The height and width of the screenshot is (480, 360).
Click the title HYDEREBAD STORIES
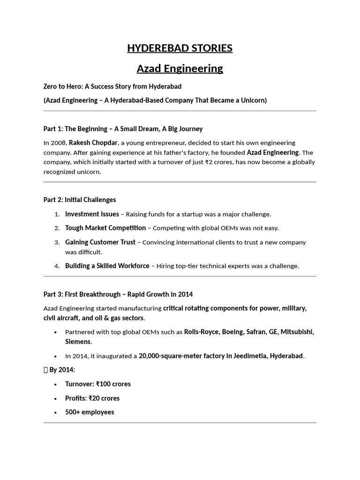click(x=180, y=48)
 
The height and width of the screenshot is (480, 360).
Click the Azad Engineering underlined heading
click(x=180, y=68)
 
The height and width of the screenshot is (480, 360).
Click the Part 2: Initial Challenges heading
click(x=79, y=200)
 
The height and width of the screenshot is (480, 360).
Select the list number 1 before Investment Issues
click(x=57, y=214)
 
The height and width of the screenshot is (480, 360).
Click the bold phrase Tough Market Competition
click(x=105, y=228)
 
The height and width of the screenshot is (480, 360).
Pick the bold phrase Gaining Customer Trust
click(x=100, y=242)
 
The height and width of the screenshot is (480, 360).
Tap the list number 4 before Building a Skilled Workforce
click(x=57, y=266)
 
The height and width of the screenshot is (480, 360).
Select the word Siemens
click(x=78, y=342)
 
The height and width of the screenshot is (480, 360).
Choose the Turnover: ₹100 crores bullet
click(x=97, y=384)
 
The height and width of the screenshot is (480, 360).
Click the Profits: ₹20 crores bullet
click(x=92, y=398)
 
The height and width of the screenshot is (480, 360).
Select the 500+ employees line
click(x=89, y=412)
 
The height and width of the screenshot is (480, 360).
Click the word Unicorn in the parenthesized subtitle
click(x=252, y=100)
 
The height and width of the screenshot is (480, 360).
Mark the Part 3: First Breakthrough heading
click(x=118, y=294)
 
